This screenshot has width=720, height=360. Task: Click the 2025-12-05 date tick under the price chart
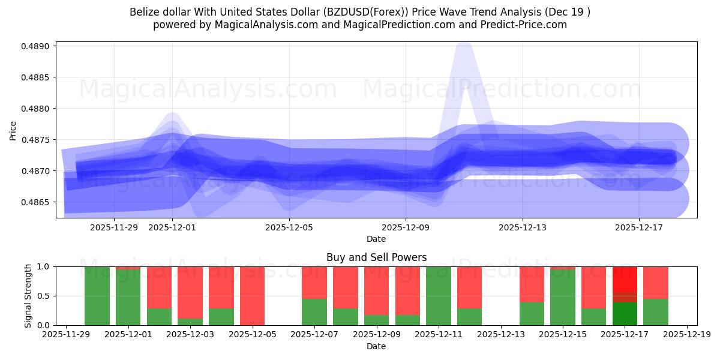click(289, 227)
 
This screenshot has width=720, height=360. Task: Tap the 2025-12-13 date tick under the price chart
click(522, 227)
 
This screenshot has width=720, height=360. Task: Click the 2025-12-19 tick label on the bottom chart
click(686, 335)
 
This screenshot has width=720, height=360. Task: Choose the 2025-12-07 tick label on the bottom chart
click(314, 335)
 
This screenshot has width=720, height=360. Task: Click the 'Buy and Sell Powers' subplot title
click(376, 257)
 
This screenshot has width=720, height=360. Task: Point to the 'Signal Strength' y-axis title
click(28, 296)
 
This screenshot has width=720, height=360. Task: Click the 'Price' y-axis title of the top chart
click(13, 131)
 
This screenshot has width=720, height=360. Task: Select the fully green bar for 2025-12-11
click(439, 296)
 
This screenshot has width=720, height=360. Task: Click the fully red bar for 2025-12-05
click(253, 296)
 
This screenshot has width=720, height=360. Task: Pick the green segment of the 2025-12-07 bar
click(314, 312)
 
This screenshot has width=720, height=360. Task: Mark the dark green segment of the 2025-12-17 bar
click(625, 314)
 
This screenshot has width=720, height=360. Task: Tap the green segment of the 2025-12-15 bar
click(563, 298)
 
